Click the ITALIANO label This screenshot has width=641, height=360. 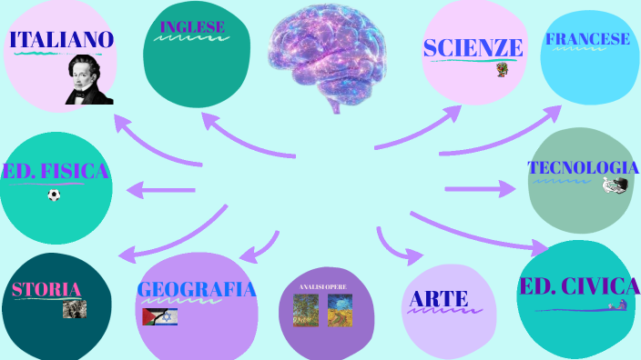click(61, 40)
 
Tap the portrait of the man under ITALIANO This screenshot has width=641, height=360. click(89, 80)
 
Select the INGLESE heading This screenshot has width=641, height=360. click(192, 27)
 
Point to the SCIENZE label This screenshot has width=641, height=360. click(473, 48)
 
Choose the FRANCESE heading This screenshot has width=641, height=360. click(587, 39)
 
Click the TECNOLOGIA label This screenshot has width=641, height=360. click(583, 168)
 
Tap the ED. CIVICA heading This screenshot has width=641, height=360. click(579, 287)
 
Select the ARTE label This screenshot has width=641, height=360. click(439, 298)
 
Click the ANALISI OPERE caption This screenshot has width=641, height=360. click(323, 287)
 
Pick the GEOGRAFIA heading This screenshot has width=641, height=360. click(197, 289)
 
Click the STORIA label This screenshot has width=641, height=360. click(46, 290)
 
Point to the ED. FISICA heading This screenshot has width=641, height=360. click(56, 171)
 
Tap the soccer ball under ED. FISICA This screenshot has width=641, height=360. click(54, 195)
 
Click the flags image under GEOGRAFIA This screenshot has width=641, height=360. click(160, 316)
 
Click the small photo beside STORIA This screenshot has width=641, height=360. click(75, 309)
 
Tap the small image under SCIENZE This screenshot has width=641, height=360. click(501, 68)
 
